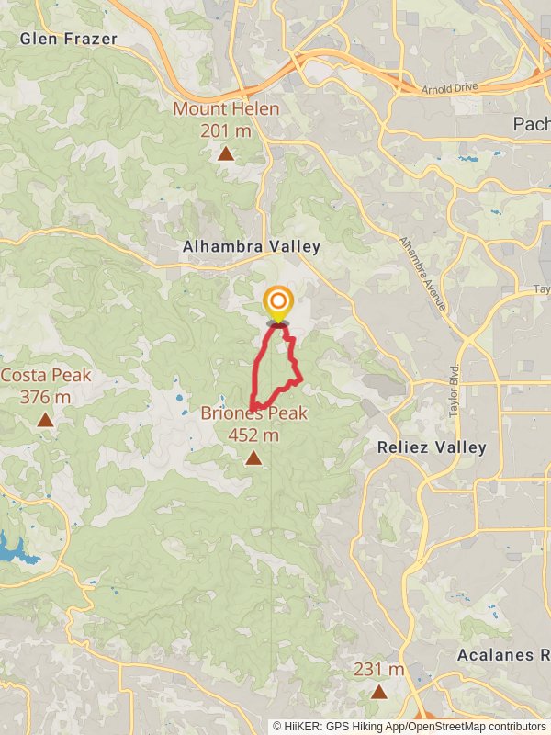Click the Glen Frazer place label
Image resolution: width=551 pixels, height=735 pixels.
[69, 39]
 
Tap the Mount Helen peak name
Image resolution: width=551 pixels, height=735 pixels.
[226, 109]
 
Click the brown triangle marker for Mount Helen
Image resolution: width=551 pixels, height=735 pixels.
[226, 153]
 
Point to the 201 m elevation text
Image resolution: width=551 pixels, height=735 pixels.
[226, 130]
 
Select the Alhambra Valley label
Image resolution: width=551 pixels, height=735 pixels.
[252, 246]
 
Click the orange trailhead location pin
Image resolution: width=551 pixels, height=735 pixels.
[277, 303]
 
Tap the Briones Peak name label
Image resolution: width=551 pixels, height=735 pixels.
[253, 413]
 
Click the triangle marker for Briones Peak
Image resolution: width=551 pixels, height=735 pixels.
[253, 457]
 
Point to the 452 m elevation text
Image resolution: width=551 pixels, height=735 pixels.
[253, 435]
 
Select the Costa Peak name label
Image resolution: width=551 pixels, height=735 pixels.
[46, 375]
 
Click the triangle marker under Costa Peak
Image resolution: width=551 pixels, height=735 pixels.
[45, 420]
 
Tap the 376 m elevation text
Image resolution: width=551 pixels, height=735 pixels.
[46, 397]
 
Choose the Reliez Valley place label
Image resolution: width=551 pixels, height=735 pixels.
[432, 447]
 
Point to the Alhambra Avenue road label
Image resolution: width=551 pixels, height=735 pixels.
[422, 273]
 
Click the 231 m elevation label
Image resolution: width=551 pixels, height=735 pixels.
[379, 670]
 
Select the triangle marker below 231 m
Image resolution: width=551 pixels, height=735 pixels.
[379, 691]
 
